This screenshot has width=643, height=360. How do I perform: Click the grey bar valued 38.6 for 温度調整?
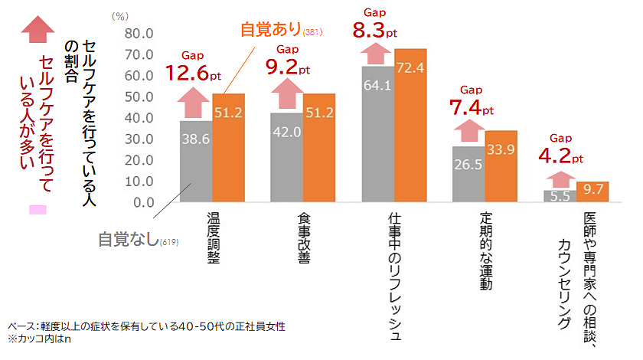pyautogui.click(x=196, y=162)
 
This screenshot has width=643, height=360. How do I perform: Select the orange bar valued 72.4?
pyautogui.click(x=410, y=126)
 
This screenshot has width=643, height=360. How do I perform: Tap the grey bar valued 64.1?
pyautogui.click(x=377, y=134)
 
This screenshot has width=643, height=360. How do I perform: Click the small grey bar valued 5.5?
pyautogui.click(x=560, y=196)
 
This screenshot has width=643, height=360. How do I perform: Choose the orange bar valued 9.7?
pyautogui.click(x=592, y=191)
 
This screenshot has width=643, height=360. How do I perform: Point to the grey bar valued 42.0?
pyautogui.click(x=286, y=158)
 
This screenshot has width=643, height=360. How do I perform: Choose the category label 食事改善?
pyautogui.click(x=304, y=237)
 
